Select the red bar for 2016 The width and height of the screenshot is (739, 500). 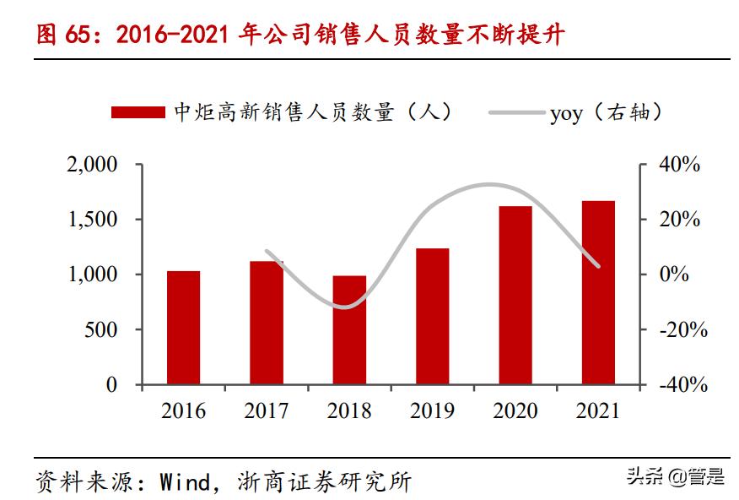(183, 328)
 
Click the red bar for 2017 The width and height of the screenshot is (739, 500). (267, 323)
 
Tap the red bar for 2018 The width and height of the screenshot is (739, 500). (349, 330)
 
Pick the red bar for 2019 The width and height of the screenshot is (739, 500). (432, 317)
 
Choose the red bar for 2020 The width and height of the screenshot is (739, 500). (515, 296)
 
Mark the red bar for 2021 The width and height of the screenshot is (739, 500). (598, 293)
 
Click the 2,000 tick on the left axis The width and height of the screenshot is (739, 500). (92, 165)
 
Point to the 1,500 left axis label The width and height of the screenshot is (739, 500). (92, 220)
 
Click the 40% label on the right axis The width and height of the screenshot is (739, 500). (680, 165)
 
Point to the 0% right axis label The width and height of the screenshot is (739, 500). (674, 274)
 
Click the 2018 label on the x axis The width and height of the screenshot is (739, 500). (349, 411)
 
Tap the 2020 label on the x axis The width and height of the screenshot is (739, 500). (515, 411)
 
